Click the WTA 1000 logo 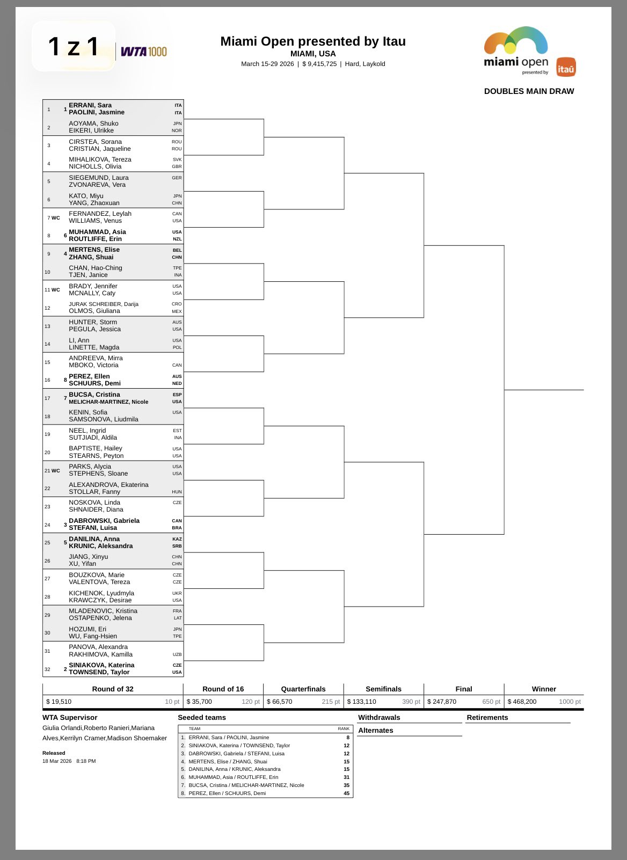coord(143,52)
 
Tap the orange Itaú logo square coord(566,67)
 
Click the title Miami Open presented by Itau coord(313,41)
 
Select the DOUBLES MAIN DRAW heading coord(529,91)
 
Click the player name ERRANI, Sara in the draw coord(90,105)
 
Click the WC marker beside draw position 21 coord(56,471)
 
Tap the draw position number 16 coord(48,380)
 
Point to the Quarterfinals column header coord(303,689)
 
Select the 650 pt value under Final coord(491,702)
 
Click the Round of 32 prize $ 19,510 coord(59,702)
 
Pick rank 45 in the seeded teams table coord(346,793)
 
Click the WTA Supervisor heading coord(70,717)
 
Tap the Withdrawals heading coord(379,717)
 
